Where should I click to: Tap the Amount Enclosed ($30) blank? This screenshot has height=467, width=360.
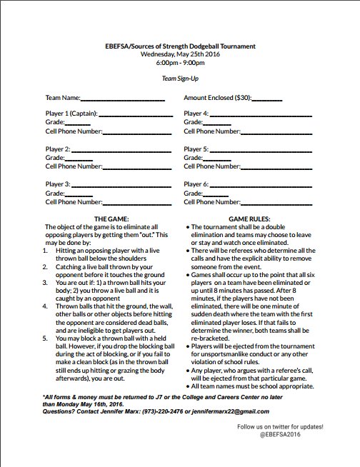pyautogui.click(x=266, y=97)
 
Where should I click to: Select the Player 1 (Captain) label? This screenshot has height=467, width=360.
pyautogui.click(x=71, y=114)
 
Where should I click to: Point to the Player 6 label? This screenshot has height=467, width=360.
pyautogui.click(x=196, y=184)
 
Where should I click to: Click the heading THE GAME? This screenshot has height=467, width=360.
pyautogui.click(x=110, y=219)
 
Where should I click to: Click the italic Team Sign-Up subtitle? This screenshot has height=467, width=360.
pyautogui.click(x=179, y=79)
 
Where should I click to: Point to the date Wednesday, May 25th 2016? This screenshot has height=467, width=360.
pyautogui.click(x=179, y=54)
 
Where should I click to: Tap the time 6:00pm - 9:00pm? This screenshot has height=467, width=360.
pyautogui.click(x=179, y=62)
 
